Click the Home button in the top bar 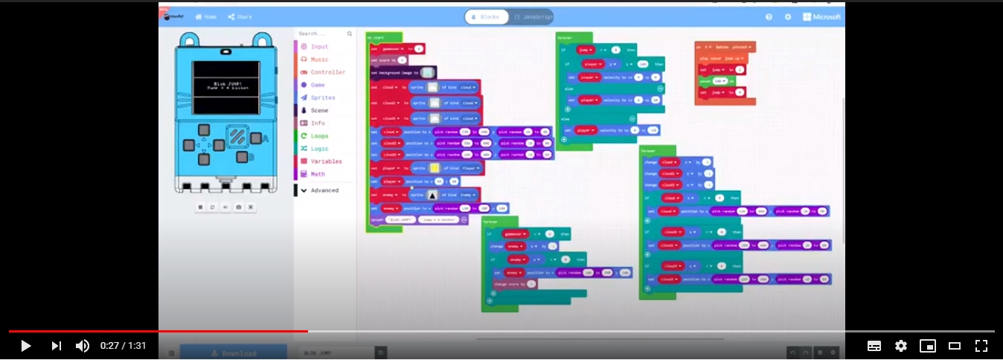coord(205,17)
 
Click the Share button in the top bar coord(240,17)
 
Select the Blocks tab coord(487,17)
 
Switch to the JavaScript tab coord(532,17)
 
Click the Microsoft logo coord(821,17)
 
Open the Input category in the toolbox coord(319,47)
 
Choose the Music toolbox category coord(319,60)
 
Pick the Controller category coord(327,72)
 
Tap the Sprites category coord(322,97)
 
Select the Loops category coord(319,136)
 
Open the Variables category coord(326,161)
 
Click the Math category coord(318,174)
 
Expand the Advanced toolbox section coord(324,190)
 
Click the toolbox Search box coord(321,33)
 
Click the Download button coord(234,353)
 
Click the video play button coord(25,346)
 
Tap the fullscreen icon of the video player coord(981,346)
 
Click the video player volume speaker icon coord(83,346)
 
